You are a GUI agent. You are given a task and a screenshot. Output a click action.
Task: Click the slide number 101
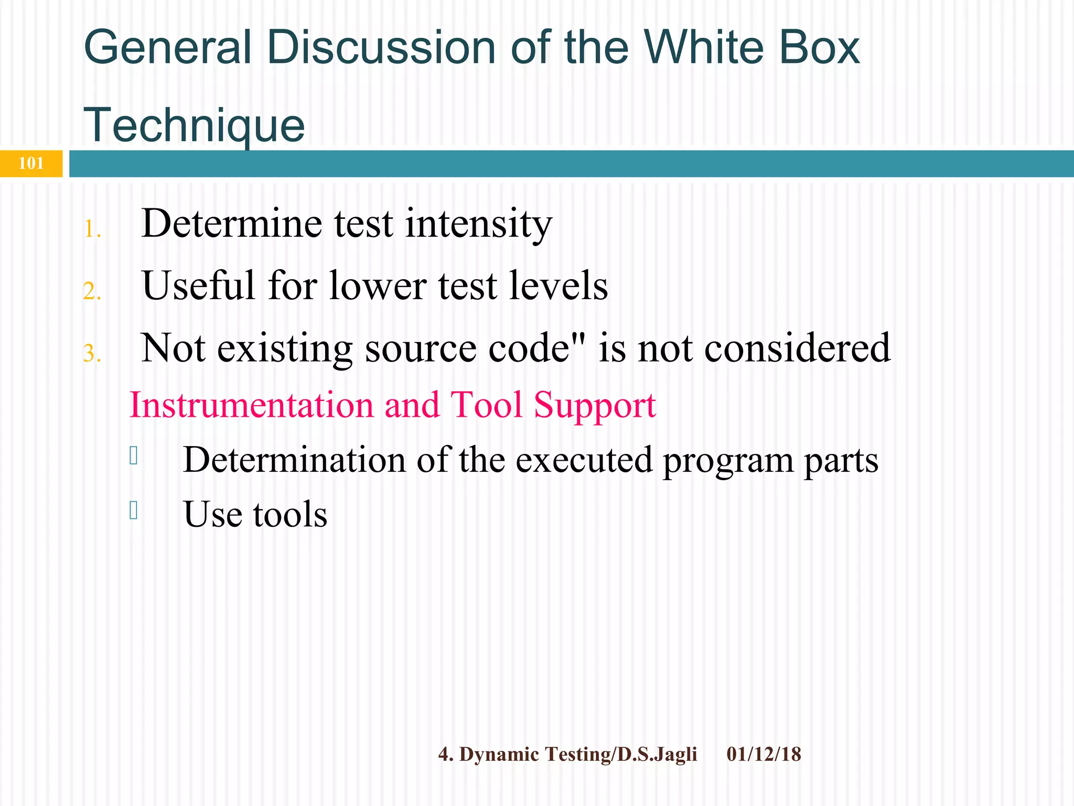[x=31, y=164]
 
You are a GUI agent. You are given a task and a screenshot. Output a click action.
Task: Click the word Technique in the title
[x=194, y=125]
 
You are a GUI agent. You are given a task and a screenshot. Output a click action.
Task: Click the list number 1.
[x=92, y=229]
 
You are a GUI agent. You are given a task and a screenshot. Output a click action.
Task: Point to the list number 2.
[x=92, y=292]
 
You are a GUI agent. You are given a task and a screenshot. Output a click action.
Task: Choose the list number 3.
[x=92, y=354]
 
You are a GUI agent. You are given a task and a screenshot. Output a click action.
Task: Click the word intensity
[x=478, y=224]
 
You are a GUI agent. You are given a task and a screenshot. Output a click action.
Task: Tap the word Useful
[x=199, y=285]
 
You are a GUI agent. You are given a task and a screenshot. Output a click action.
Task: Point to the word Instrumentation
[x=251, y=405]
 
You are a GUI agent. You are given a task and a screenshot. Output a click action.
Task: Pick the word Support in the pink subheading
[x=595, y=405]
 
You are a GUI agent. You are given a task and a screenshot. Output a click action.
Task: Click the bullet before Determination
[x=134, y=455]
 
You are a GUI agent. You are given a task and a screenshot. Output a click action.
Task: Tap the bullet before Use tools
[x=134, y=510]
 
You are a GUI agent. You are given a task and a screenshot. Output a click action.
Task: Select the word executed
[x=584, y=460]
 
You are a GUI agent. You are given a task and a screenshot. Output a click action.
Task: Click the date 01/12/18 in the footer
[x=764, y=755]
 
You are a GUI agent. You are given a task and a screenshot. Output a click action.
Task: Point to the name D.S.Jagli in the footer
[x=657, y=755]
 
